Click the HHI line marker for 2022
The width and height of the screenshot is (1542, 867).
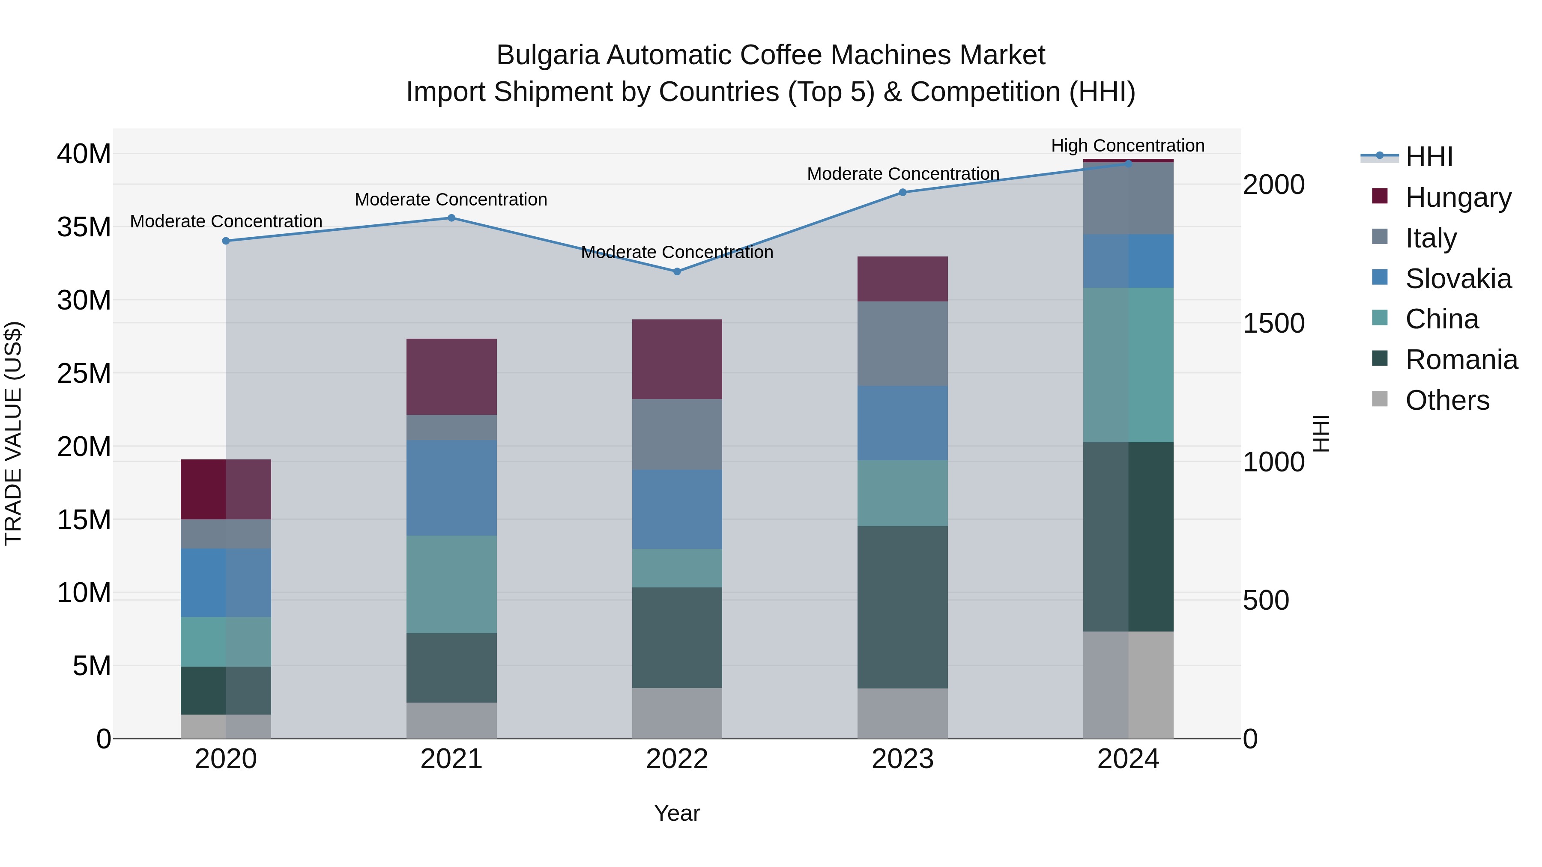[677, 271]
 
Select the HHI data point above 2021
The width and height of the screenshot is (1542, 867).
[451, 218]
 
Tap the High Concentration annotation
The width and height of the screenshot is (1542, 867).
[1128, 146]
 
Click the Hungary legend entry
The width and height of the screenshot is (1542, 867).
[1458, 197]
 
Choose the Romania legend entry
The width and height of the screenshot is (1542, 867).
[1461, 360]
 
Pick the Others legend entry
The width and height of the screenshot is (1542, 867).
[1447, 400]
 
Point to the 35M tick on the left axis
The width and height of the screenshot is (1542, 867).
[84, 227]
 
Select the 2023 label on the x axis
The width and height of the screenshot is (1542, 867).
[902, 759]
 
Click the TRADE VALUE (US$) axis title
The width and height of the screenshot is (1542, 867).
[13, 433]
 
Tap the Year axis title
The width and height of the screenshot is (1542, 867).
[677, 813]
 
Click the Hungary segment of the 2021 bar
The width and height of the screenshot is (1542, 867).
[451, 377]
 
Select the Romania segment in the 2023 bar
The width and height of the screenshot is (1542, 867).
[902, 607]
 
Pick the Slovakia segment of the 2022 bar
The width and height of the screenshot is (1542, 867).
[677, 509]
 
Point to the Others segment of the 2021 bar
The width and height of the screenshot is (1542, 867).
[451, 721]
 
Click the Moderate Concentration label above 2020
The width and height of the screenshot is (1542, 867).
[226, 221]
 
